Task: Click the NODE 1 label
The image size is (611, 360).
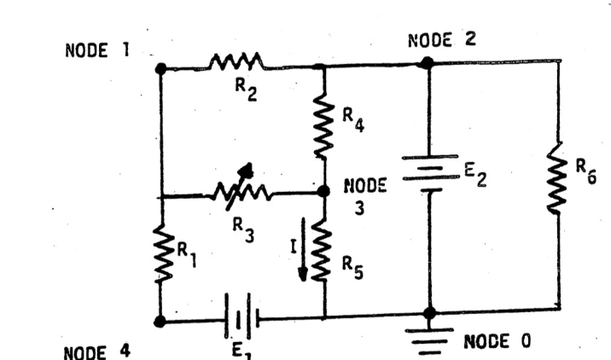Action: (96, 49)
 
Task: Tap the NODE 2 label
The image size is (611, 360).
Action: (443, 38)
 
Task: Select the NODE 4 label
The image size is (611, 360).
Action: (96, 350)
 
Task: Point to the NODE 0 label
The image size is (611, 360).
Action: (497, 341)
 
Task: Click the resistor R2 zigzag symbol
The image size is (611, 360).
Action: (236, 62)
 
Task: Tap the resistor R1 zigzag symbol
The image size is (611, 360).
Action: (161, 254)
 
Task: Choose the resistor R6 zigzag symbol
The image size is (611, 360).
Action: (558, 184)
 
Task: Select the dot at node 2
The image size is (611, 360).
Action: (428, 62)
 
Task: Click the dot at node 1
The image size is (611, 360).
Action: (160, 67)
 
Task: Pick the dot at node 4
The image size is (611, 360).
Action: (160, 322)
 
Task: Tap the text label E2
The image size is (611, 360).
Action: (475, 177)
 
